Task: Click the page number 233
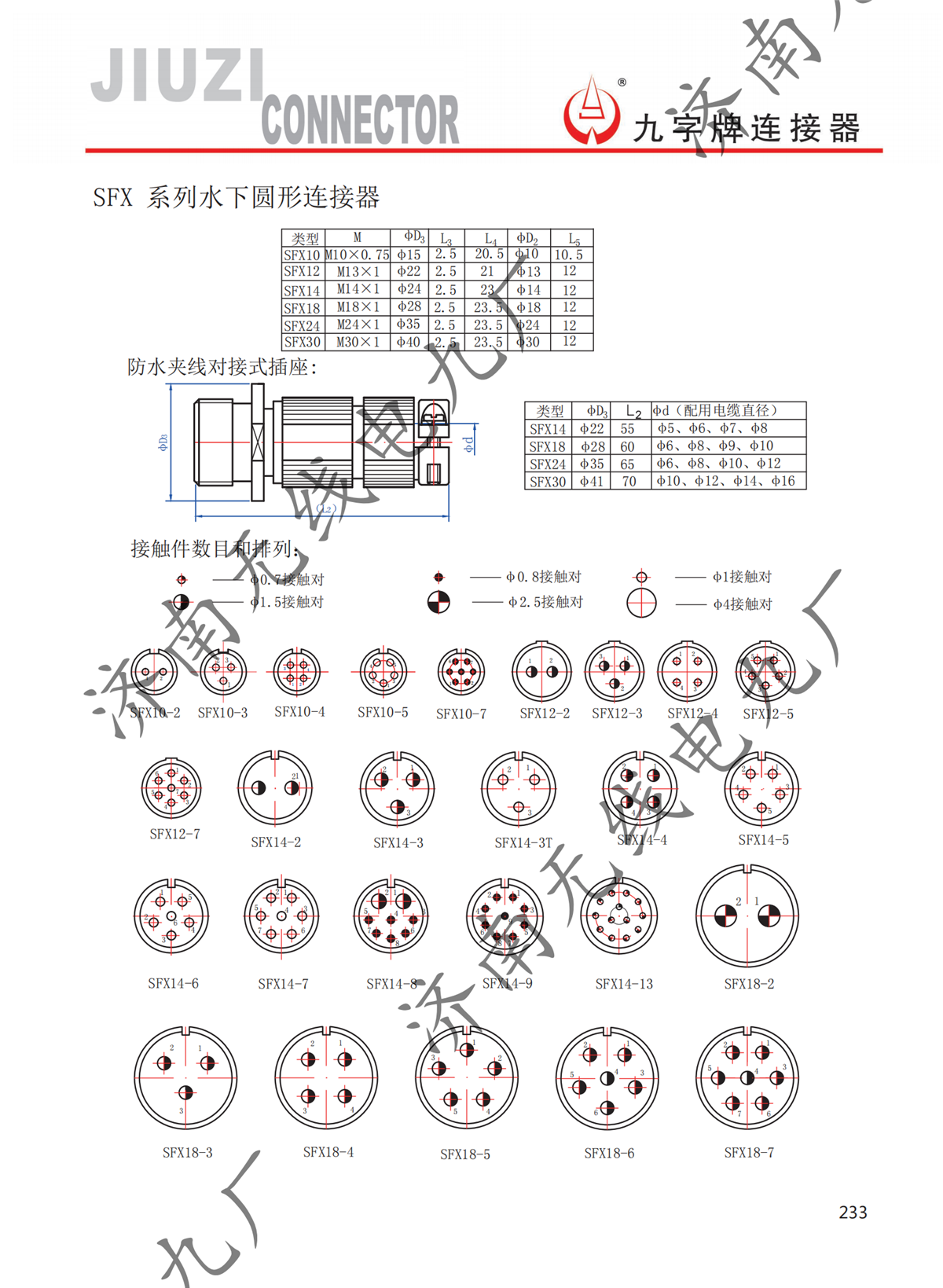[x=853, y=1213]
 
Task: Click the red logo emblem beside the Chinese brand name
[x=591, y=112]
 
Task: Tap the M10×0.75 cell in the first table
[x=357, y=255]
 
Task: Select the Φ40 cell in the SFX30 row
[x=409, y=342]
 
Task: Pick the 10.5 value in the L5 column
[x=569, y=255]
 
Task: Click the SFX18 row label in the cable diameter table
[x=548, y=446]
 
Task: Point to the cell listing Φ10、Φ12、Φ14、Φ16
[x=726, y=481]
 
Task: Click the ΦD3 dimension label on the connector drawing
[x=163, y=443]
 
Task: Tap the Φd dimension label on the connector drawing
[x=469, y=445]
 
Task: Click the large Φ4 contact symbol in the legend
[x=641, y=604]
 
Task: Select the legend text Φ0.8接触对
[x=544, y=577]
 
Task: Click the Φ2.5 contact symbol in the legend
[x=438, y=603]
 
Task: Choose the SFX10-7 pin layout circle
[x=461, y=672]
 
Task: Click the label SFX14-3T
[x=523, y=842]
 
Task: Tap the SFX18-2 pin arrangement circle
[x=747, y=916]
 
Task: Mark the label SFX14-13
[x=624, y=984]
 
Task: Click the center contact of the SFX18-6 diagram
[x=607, y=1079]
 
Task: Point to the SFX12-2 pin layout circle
[x=542, y=672]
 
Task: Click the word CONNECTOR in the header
[x=360, y=119]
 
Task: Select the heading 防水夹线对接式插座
[x=222, y=367]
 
